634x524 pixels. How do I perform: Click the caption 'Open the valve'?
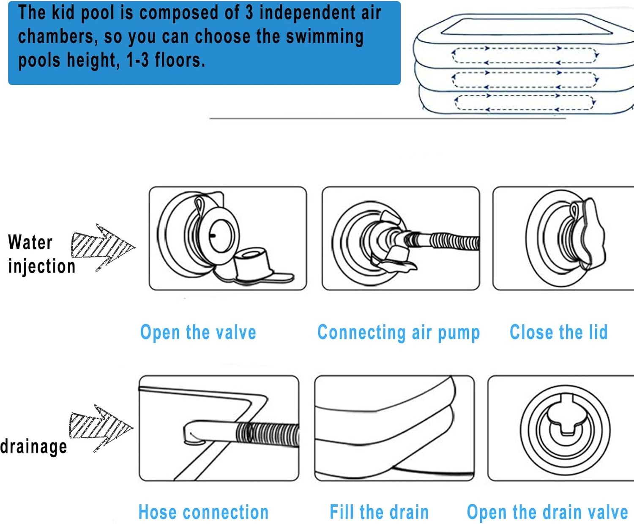[x=198, y=332]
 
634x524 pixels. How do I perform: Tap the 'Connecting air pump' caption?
[x=399, y=333]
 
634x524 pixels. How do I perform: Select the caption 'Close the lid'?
[x=559, y=332]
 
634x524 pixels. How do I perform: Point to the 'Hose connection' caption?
[x=203, y=512]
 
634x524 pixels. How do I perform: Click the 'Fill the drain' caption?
[x=379, y=512]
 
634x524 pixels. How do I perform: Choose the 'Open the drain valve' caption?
[x=547, y=512]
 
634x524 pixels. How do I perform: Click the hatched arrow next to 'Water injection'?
[x=103, y=248]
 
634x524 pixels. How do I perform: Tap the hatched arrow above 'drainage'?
[x=101, y=428]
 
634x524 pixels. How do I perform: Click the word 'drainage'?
[x=33, y=447]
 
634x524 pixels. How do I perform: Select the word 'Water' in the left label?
[x=30, y=242]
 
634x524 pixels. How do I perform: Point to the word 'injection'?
[x=41, y=266]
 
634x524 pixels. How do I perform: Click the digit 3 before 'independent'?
[x=249, y=13]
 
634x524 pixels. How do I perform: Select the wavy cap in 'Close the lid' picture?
[x=590, y=234]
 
